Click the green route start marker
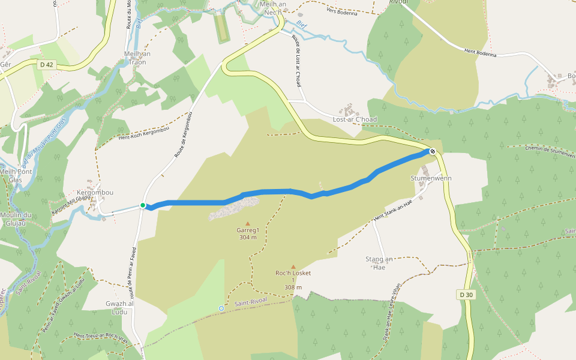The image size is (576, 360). pyautogui.click(x=143, y=205)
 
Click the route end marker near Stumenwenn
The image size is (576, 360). pyautogui.click(x=432, y=151)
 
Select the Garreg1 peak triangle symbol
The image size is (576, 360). pyautogui.click(x=247, y=223)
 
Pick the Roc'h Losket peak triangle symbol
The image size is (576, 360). pyautogui.click(x=293, y=267)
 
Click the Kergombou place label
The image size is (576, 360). pyautogui.click(x=95, y=193)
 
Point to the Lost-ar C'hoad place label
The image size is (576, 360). pyautogui.click(x=355, y=119)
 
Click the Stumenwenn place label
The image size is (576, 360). pyautogui.click(x=431, y=179)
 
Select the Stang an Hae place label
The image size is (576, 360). pyautogui.click(x=379, y=263)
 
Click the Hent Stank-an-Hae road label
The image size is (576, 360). pyautogui.click(x=393, y=210)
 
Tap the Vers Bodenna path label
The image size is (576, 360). pyautogui.click(x=343, y=13)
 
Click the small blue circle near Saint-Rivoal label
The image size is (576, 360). pyautogui.click(x=221, y=308)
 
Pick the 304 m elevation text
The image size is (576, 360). pyautogui.click(x=247, y=238)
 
